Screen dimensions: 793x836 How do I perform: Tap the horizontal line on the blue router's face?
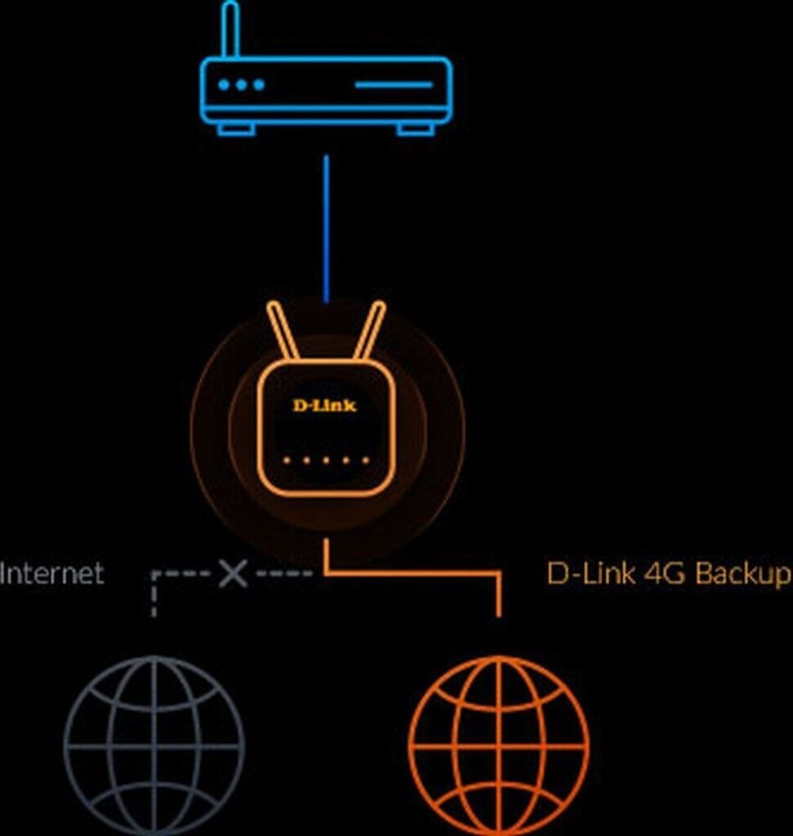(394, 84)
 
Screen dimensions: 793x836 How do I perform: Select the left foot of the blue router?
(236, 129)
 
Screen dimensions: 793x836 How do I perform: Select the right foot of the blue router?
(415, 129)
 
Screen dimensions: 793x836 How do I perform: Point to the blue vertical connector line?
(326, 229)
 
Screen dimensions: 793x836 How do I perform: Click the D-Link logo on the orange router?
(325, 404)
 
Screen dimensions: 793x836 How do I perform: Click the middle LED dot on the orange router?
(326, 460)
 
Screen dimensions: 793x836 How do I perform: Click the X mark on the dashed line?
(233, 573)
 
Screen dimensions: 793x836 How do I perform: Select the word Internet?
(52, 573)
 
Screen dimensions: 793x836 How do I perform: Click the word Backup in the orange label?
(743, 573)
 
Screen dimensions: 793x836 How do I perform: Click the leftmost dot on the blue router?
(225, 84)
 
